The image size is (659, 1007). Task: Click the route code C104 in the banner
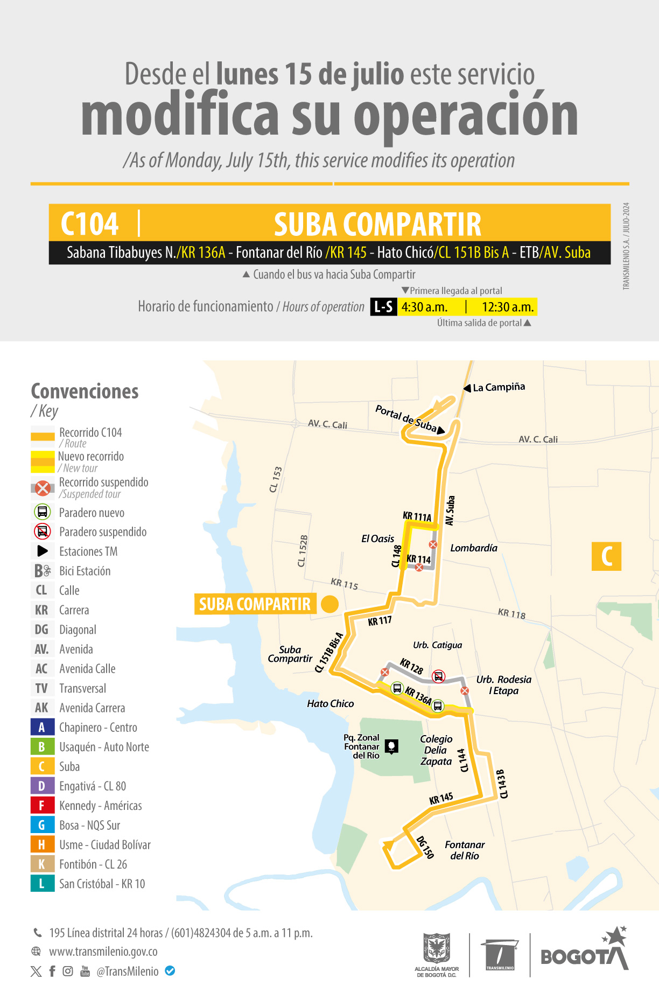[x=89, y=224]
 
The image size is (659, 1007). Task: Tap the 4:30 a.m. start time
[x=424, y=307]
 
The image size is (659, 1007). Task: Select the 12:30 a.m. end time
[x=507, y=307]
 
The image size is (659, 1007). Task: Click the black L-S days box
[x=383, y=307]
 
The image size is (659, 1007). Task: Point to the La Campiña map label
[x=499, y=387]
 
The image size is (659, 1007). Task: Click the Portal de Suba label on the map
[x=406, y=418]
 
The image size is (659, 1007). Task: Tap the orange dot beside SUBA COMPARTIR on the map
[x=329, y=604]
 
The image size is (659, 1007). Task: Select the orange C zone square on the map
[x=606, y=556]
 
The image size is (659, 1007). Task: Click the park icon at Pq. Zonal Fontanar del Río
[x=391, y=746]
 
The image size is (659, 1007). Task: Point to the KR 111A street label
[x=417, y=517]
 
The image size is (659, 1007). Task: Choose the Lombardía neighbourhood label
[x=474, y=548]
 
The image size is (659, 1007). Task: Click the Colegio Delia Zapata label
[x=436, y=750]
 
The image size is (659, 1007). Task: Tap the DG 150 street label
[x=425, y=847]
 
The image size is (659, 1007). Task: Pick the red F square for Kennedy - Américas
[x=42, y=806]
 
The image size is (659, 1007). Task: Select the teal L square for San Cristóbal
[x=42, y=884]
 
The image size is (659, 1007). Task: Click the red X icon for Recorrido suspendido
[x=43, y=488]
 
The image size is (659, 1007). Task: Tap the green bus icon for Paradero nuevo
[x=43, y=512]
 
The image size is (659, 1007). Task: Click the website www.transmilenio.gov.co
[x=103, y=952]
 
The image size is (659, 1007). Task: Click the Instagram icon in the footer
[x=68, y=971]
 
